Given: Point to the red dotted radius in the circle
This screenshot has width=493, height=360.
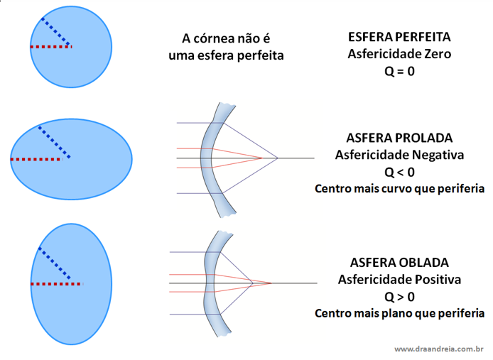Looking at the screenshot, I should point(50,47).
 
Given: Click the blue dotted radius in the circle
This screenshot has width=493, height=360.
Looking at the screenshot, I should point(55,31).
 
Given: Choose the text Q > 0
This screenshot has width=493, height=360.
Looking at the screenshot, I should point(399,296).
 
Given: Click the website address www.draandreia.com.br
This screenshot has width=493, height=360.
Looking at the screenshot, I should point(438,349).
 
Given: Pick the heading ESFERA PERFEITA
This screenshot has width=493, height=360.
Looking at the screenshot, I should point(399,36).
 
